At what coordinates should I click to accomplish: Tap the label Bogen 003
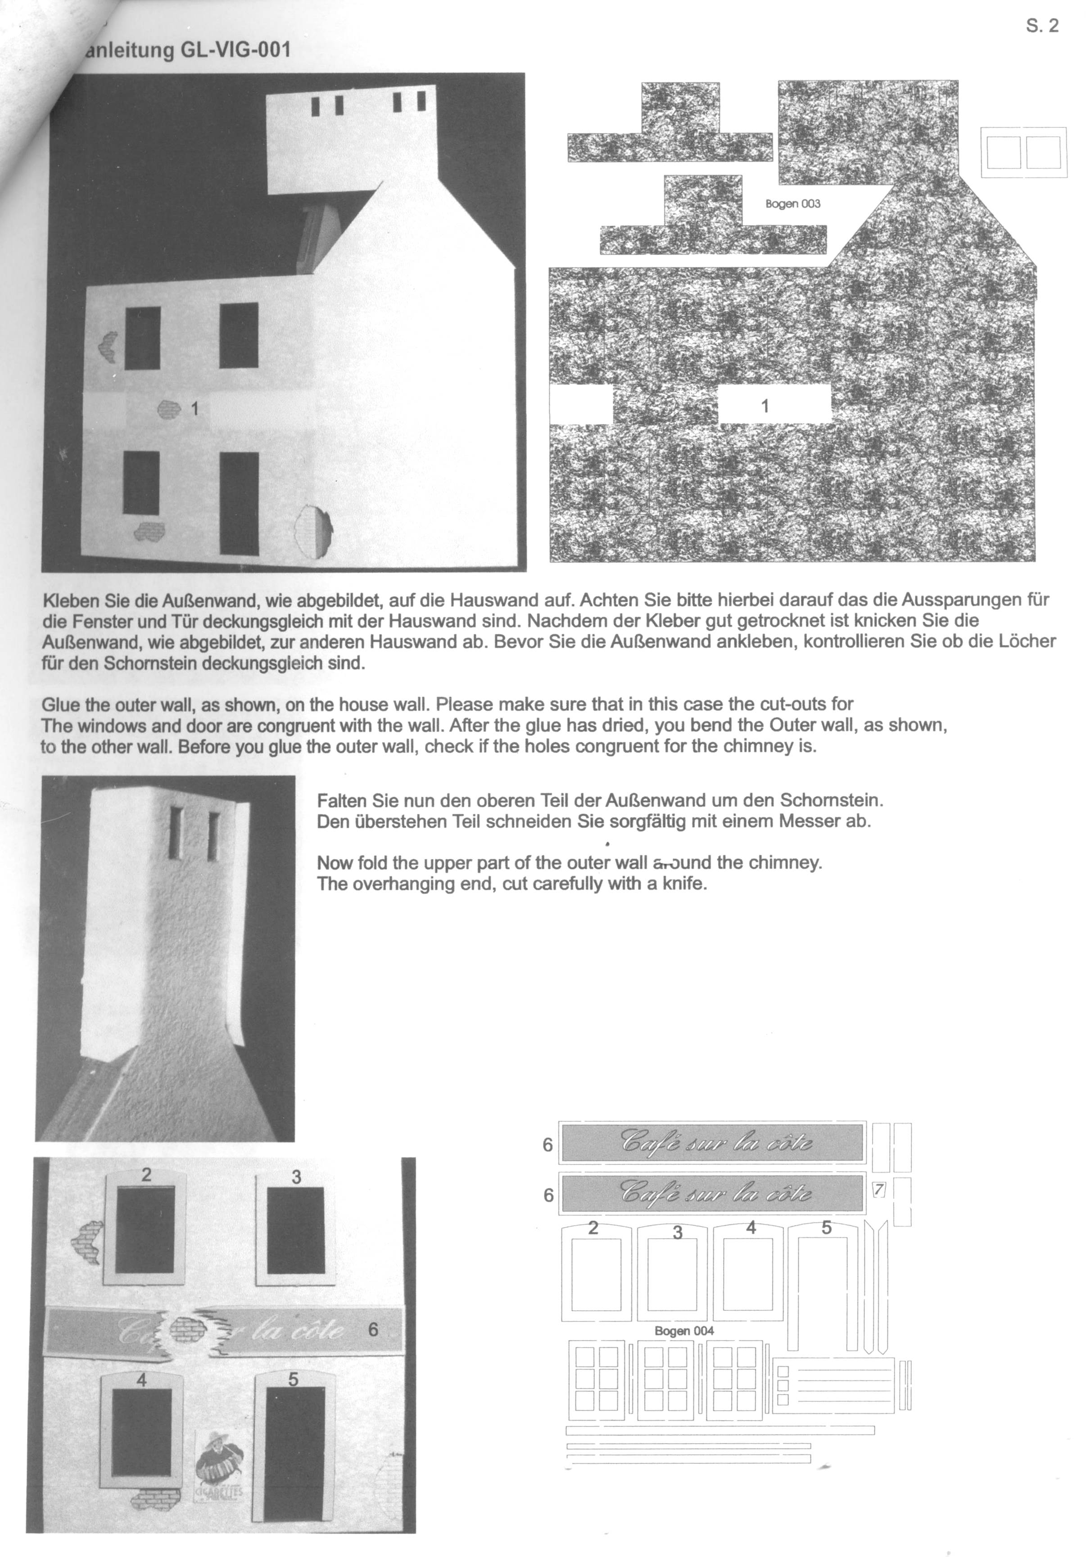pos(792,203)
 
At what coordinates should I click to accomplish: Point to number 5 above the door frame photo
pos(293,1379)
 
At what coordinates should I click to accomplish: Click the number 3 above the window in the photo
pos(296,1177)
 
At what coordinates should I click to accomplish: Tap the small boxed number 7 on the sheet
pos(879,1189)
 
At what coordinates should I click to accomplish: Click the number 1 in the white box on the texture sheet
pos(765,406)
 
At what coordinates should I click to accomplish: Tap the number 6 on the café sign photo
pos(372,1330)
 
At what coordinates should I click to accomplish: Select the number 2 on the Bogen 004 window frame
pos(593,1228)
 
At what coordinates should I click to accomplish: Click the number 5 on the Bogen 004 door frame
pos(826,1228)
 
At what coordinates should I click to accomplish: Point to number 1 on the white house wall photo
pos(195,408)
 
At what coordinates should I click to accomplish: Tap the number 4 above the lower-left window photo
pos(142,1379)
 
